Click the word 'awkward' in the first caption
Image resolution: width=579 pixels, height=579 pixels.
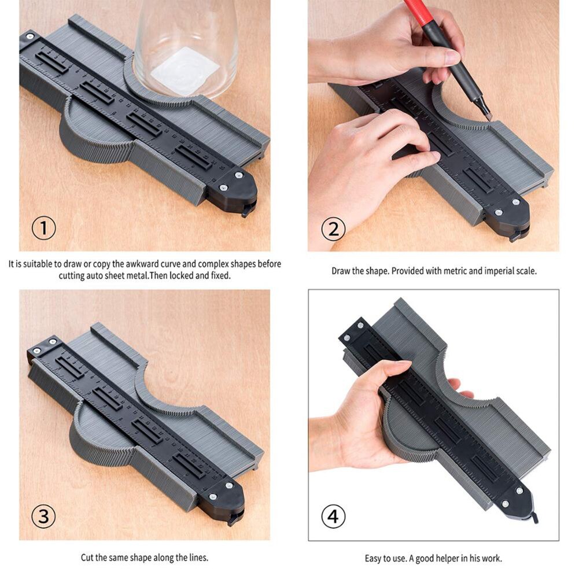(x=140, y=264)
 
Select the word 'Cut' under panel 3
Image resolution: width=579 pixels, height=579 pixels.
(x=87, y=558)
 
